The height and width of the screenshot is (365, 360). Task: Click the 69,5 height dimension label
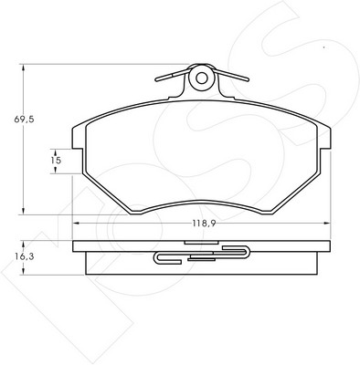24,120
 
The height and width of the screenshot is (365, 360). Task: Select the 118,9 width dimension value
204,224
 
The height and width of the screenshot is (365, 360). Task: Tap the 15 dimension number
56,160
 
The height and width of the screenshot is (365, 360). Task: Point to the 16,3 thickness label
24,256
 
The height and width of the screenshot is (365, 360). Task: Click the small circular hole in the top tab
201,78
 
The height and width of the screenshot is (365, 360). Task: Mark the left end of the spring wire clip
156,80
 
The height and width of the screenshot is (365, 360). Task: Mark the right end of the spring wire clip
248,79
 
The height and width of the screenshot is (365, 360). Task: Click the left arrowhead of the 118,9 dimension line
76,224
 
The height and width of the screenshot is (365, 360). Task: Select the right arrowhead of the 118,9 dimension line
327,224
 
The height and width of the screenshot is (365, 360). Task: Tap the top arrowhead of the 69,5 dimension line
23,68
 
